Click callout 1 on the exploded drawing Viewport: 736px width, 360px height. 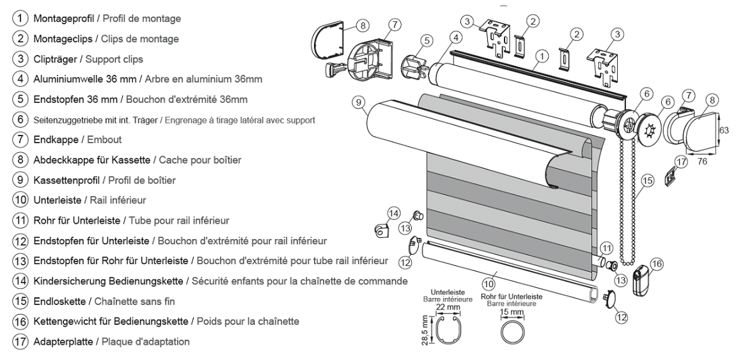(541, 56)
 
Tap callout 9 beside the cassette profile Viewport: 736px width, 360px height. (359, 102)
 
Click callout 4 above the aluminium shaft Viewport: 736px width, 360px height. (456, 38)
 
